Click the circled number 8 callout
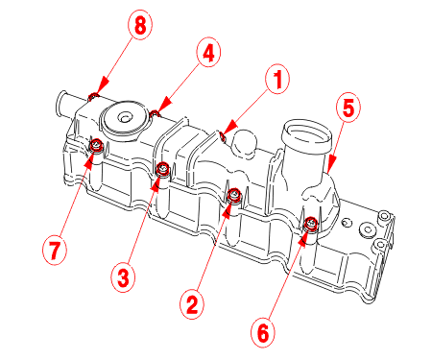(140, 25)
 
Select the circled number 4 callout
(208, 53)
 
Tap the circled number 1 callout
(277, 80)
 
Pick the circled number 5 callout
(348, 108)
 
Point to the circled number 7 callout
(55, 251)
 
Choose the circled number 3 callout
(123, 277)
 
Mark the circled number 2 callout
(192, 305)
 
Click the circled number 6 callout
(262, 333)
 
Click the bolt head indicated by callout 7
(96, 146)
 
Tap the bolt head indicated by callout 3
(163, 168)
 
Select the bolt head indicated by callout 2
(234, 195)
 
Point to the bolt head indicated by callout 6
(311, 223)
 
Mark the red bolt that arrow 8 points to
(93, 96)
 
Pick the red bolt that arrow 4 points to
(156, 112)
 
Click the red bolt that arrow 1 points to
(223, 136)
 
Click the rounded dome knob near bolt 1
(245, 143)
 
